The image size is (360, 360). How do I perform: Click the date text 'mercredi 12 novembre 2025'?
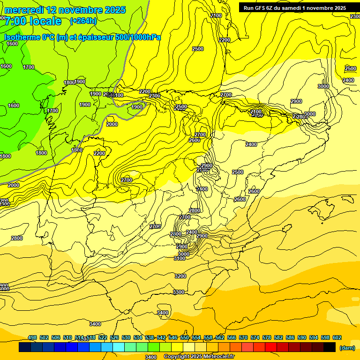pos(65,10)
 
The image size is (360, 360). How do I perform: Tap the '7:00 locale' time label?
pos(33,21)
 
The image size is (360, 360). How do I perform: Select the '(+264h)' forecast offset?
pos(83,21)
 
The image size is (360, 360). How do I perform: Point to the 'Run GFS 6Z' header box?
pos(295,7)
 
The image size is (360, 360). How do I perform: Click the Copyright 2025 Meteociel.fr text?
pos(199,357)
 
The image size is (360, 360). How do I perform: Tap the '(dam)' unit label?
pos(347,347)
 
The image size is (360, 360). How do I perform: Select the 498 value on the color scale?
pos(32,337)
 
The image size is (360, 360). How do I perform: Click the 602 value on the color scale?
pos(337,337)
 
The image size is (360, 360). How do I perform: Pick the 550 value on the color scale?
pos(185,337)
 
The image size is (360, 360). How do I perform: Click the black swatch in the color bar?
pos(330,347)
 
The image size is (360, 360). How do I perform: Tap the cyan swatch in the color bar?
pos(119,347)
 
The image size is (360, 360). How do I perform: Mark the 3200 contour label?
pos(180,276)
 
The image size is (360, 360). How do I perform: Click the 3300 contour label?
pos(179,292)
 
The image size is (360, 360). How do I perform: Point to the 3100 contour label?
pos(179,258)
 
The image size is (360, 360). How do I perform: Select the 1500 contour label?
pos(77,150)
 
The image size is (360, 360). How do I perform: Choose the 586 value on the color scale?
pos(290,337)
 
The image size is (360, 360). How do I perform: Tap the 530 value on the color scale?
pos(126,337)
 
